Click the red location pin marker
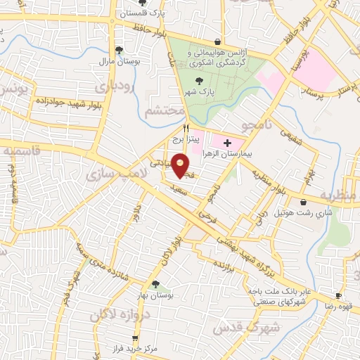point(181,166)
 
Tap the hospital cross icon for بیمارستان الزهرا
point(226,143)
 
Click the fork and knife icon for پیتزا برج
point(186,128)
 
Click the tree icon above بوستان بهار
point(155,284)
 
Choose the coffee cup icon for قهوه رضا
point(338,295)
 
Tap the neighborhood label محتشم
point(165,112)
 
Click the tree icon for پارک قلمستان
point(143,4)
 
